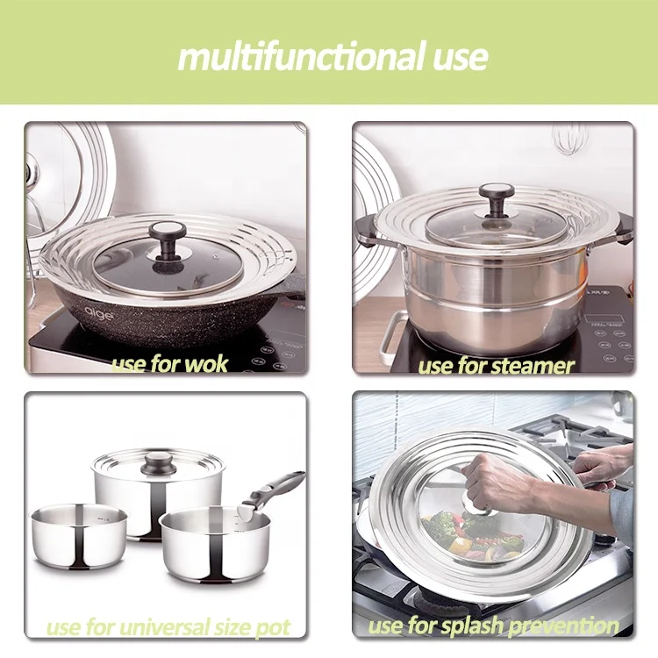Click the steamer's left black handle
(367, 232)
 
